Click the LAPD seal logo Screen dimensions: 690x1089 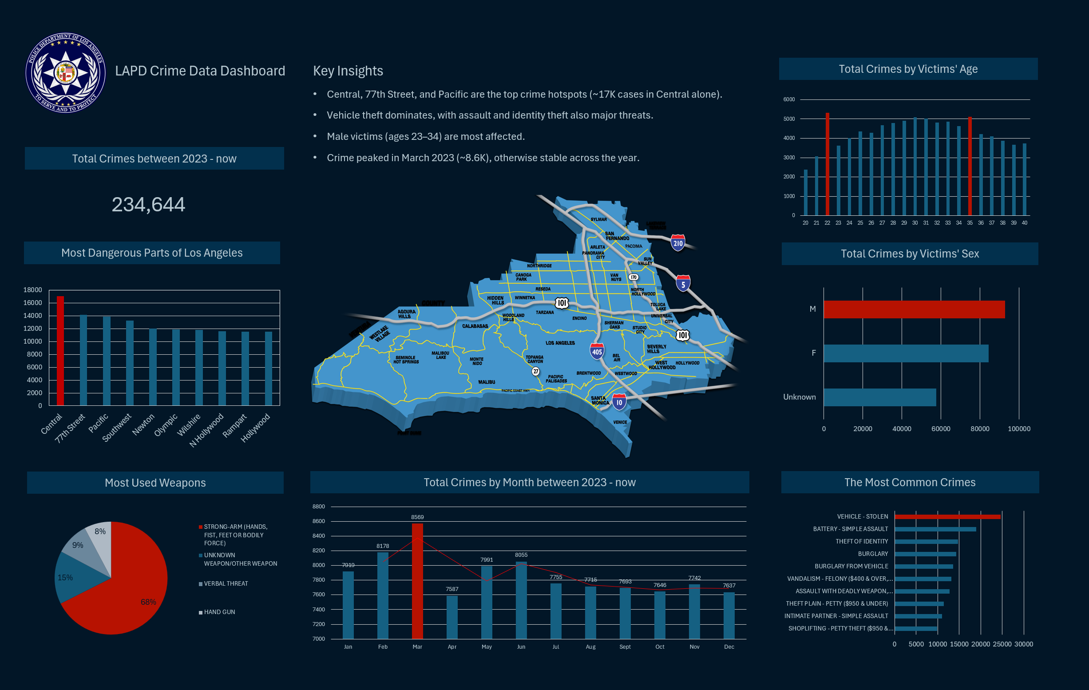66,72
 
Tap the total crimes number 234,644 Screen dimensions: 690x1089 148,205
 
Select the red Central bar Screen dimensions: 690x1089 60,351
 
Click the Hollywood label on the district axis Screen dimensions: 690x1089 256,428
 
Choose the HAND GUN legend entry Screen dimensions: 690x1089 219,612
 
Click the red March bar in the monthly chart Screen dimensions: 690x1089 417,581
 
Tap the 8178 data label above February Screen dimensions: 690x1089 383,546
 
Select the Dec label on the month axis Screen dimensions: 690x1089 729,647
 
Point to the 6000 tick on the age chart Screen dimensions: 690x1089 789,99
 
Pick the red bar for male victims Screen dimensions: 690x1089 914,309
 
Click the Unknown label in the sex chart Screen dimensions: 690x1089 799,397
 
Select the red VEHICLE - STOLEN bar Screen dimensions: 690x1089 947,517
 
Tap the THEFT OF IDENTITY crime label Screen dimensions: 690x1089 862,542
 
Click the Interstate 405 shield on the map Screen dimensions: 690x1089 597,352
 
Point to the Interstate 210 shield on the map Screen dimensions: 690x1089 677,243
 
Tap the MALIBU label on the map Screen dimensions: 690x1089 487,382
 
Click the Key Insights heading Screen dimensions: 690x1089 348,71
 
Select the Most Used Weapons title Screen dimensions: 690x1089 155,483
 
